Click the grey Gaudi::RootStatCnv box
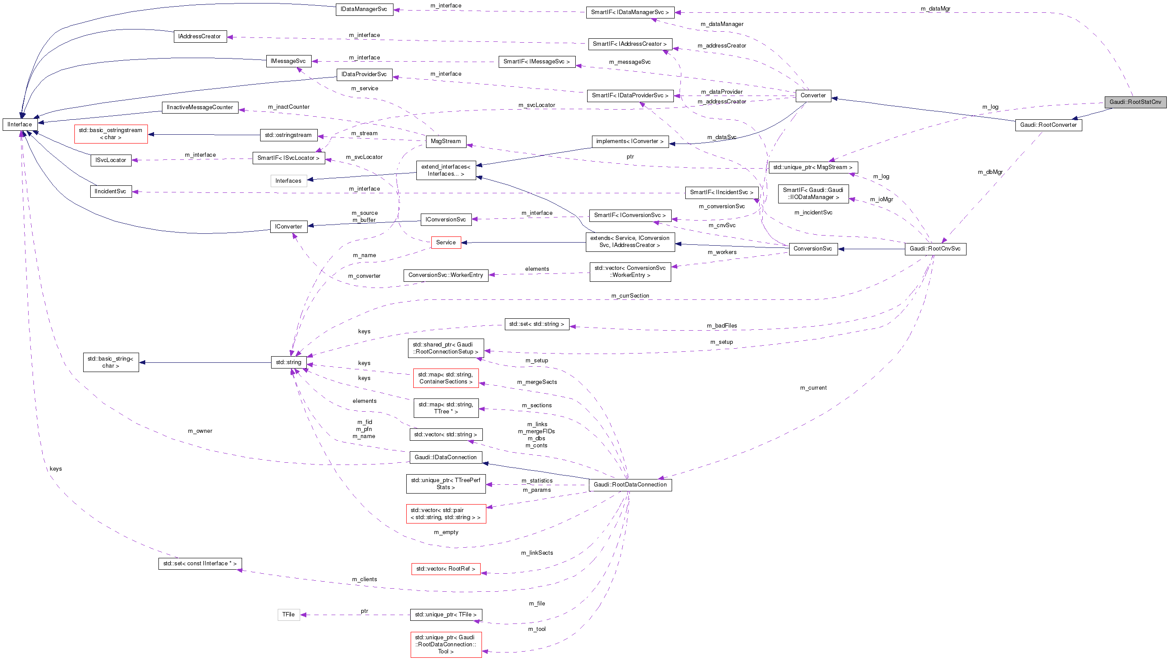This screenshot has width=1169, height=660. pyautogui.click(x=1135, y=102)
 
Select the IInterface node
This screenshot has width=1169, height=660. pyautogui.click(x=20, y=124)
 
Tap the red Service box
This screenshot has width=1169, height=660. pyautogui.click(x=445, y=243)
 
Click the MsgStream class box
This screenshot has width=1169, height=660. pyautogui.click(x=445, y=141)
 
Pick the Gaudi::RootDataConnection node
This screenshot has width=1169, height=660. pyautogui.click(x=630, y=484)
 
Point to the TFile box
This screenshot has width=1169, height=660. pyautogui.click(x=289, y=614)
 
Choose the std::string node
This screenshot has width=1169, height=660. pyautogui.click(x=289, y=362)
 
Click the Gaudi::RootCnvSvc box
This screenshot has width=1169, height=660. pyautogui.click(x=935, y=249)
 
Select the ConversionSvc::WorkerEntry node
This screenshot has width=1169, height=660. pyautogui.click(x=445, y=275)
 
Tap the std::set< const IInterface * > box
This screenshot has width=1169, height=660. pyautogui.click(x=200, y=563)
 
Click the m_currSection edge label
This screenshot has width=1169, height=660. pyautogui.click(x=630, y=295)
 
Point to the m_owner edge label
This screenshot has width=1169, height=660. pyautogui.click(x=200, y=431)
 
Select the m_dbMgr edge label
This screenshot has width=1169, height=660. pyautogui.click(x=990, y=172)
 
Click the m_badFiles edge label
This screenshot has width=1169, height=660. pyautogui.click(x=721, y=325)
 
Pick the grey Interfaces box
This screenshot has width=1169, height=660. pyautogui.click(x=289, y=181)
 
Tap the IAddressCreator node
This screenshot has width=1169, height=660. pyautogui.click(x=200, y=36)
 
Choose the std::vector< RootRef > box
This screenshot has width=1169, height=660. pyautogui.click(x=445, y=568)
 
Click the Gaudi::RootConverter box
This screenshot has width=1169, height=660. pyautogui.click(x=1048, y=125)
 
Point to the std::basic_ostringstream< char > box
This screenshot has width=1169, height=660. pyautogui.click(x=111, y=134)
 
